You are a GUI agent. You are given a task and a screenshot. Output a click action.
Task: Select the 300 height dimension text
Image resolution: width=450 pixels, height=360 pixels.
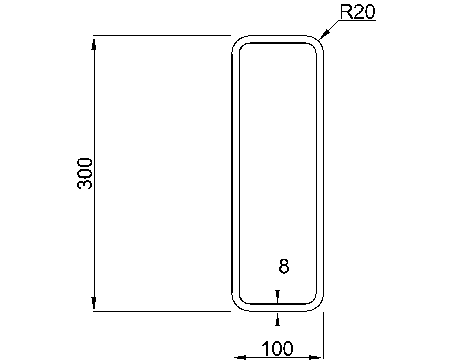point(85,174)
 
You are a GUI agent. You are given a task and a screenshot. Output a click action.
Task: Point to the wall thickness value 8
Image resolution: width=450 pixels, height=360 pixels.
point(284,266)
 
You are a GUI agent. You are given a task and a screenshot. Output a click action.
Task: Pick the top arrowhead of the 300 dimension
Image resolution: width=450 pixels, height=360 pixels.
point(94,43)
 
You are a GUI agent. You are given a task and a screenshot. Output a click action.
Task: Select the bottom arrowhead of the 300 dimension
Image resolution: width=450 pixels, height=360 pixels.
point(94,304)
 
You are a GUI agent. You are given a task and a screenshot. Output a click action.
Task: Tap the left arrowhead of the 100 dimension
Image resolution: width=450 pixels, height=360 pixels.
point(239,358)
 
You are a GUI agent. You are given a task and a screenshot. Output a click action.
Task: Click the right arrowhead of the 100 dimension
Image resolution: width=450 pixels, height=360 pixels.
point(317,358)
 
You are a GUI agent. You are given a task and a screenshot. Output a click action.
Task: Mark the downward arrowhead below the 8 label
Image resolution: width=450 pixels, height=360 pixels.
point(278,297)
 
